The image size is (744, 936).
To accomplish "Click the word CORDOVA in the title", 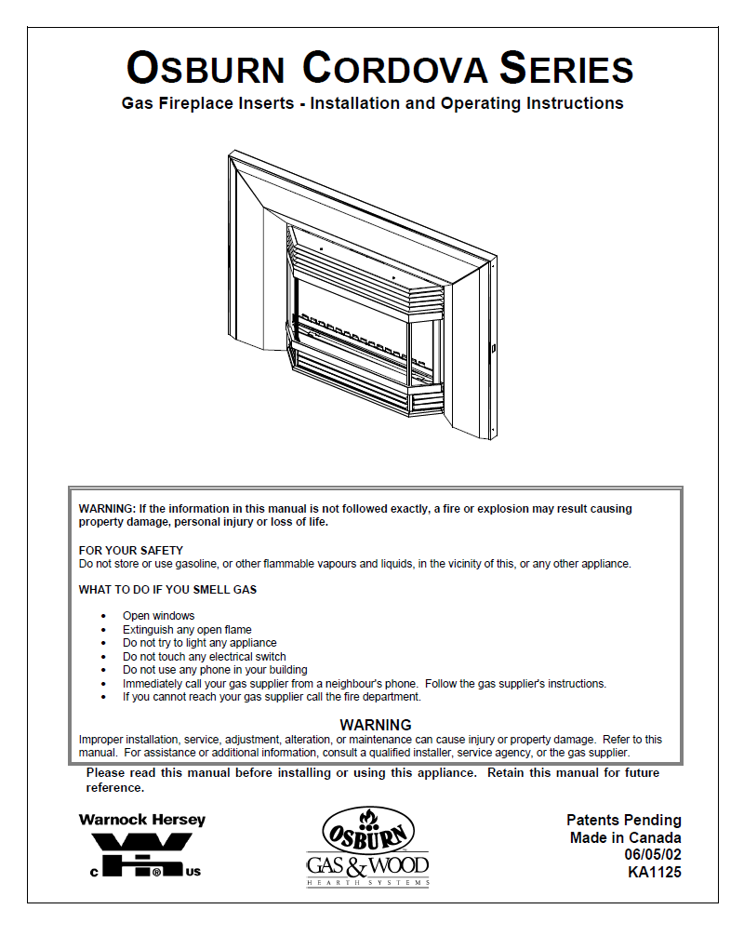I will pos(395,69).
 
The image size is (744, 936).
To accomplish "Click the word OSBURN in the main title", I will pos(206,69).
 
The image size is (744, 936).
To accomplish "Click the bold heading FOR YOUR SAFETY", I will pos(131,550).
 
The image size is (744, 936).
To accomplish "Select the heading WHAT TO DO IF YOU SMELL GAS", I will pos(167,590).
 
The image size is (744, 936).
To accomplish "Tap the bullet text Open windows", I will pos(159,616).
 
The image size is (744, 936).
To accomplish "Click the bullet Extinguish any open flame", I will pos(187,630).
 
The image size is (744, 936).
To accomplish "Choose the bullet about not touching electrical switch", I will pos(204,657).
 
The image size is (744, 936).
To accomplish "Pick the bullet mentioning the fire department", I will pos(272,697).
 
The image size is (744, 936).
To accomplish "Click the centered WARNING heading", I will pos(376,725).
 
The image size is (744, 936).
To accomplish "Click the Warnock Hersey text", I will pos(142,821).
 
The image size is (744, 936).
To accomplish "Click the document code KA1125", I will pos(655,873).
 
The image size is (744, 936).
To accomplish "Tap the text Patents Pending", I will pos(623,821).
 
